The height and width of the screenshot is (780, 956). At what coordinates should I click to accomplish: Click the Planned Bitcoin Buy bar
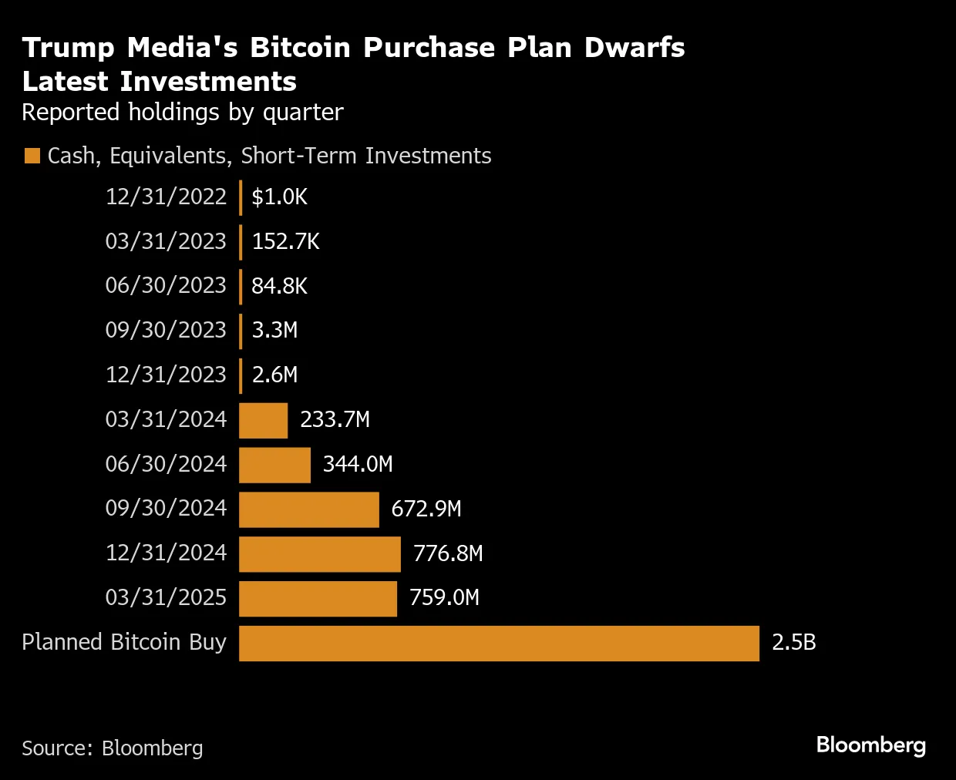[499, 644]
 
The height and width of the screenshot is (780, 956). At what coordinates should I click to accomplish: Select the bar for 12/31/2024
[320, 554]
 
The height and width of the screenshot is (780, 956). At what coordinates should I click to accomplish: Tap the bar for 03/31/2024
[263, 421]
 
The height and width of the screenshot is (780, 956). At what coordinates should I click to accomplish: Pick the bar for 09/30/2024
[309, 509]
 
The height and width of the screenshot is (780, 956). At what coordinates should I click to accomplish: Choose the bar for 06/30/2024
[274, 466]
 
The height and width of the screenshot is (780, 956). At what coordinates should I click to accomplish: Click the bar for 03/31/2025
[318, 599]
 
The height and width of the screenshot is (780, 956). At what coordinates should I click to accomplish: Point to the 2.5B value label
[793, 643]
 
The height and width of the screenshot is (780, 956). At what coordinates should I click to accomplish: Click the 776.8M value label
[448, 553]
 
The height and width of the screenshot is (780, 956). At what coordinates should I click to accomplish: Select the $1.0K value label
[279, 197]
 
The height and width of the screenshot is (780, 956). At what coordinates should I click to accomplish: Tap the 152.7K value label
[285, 242]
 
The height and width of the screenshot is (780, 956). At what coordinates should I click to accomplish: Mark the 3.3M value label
[274, 331]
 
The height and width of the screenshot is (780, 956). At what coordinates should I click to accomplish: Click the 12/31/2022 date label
[166, 197]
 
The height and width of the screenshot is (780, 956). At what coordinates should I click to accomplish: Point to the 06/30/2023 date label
[166, 286]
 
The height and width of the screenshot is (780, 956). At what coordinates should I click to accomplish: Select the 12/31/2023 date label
[166, 375]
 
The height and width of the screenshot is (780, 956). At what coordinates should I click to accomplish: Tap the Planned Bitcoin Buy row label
[124, 643]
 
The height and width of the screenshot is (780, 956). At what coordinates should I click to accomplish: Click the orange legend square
[32, 156]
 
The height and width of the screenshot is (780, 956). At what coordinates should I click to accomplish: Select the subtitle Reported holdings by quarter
[183, 113]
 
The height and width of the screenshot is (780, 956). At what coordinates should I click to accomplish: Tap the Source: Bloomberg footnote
[113, 748]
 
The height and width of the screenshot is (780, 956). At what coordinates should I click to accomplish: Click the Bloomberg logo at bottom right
[870, 745]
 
